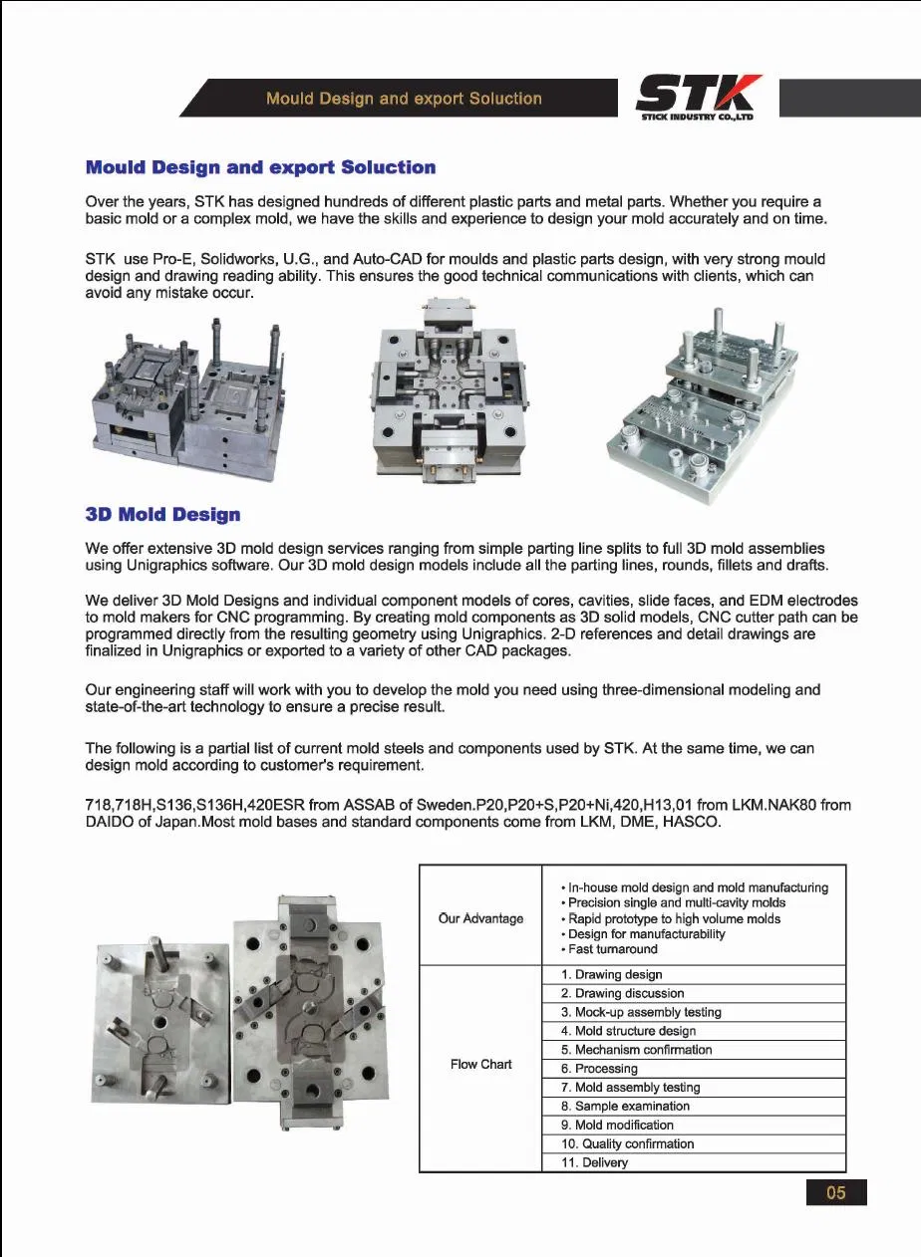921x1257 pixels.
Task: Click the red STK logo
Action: coord(698,96)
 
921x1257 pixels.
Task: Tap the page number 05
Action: coord(835,1192)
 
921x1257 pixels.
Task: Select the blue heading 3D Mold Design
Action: coord(162,515)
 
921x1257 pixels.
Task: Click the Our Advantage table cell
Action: coord(480,918)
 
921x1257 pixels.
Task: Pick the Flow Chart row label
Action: coord(480,1064)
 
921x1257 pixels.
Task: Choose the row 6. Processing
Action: coord(599,1069)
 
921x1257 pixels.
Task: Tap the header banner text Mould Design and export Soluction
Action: coord(404,99)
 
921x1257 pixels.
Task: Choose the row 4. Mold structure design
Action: coord(628,1031)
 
